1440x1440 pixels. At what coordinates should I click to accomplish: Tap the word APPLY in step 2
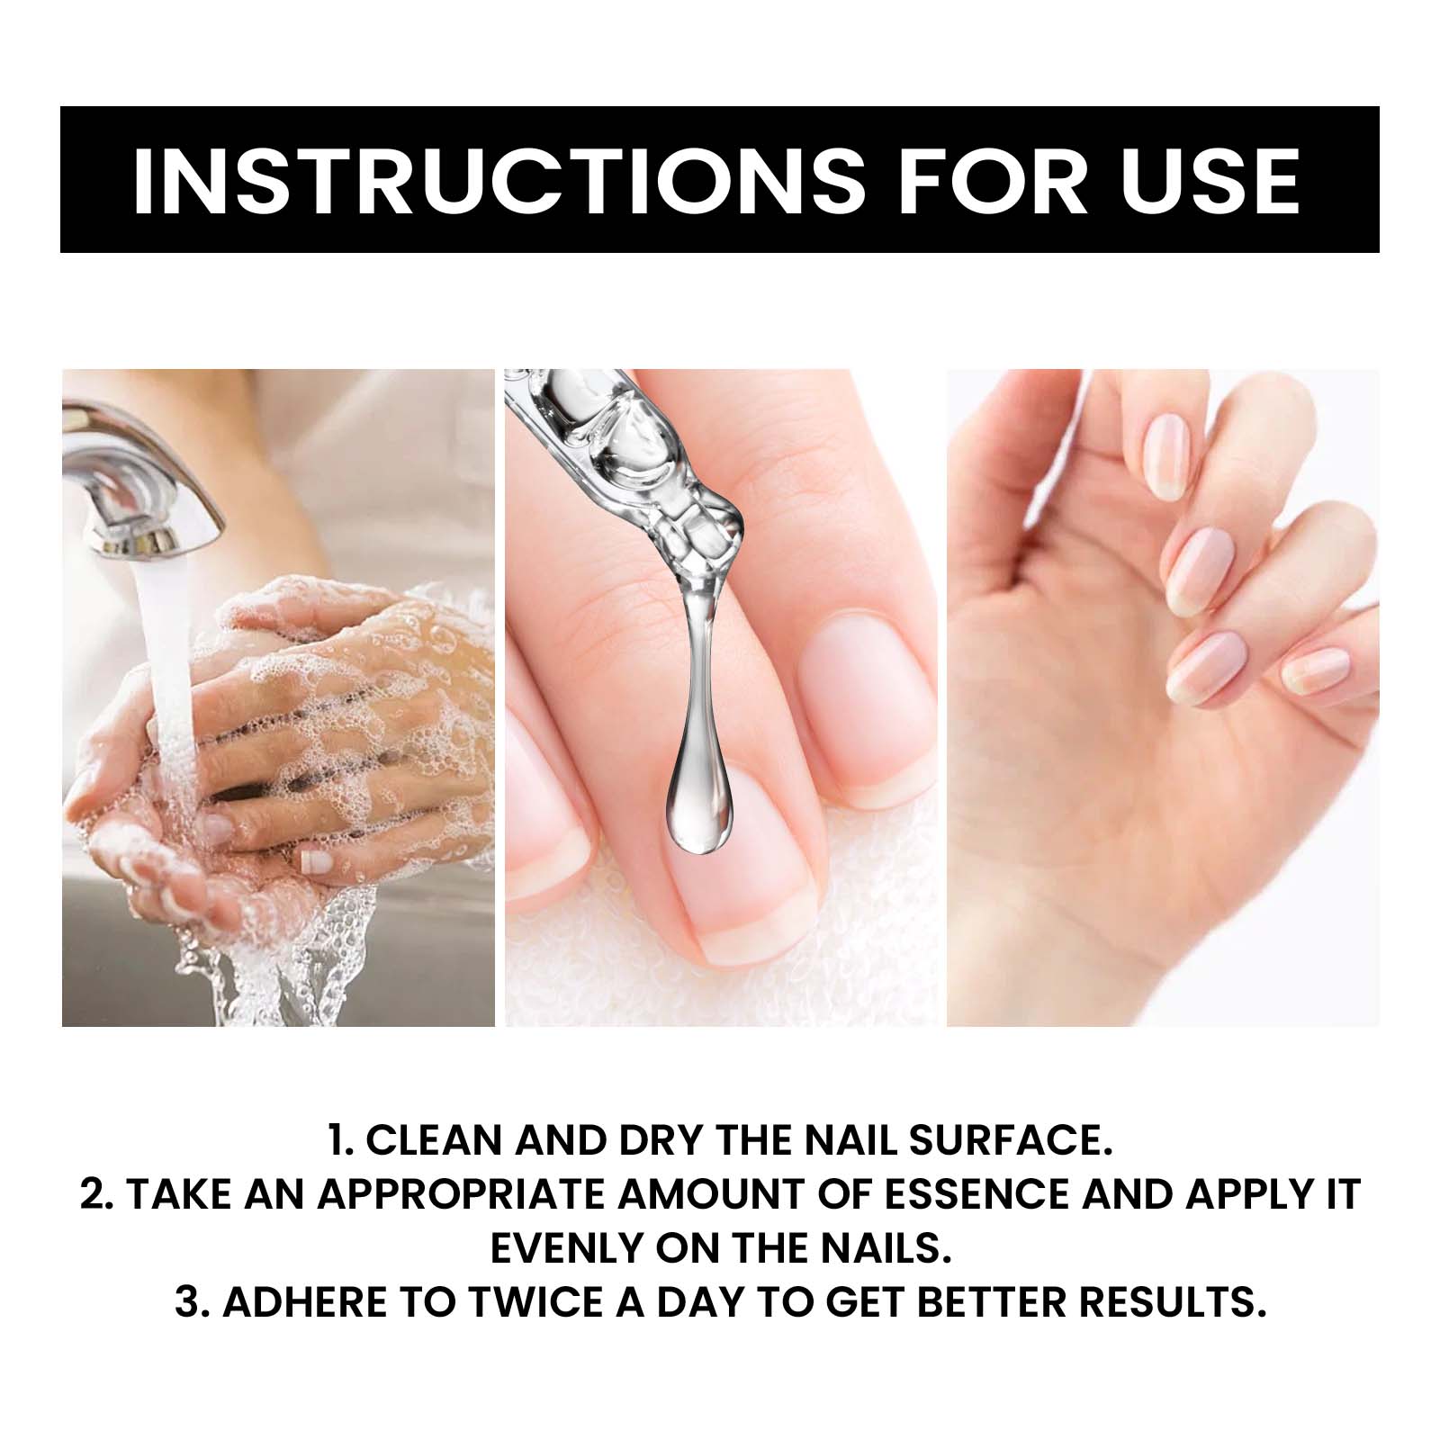pyautogui.click(x=1246, y=1195)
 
